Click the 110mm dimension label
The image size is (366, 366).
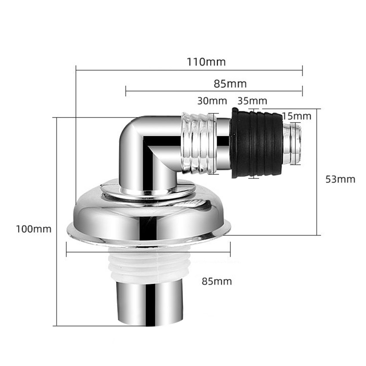pyautogui.click(x=206, y=62)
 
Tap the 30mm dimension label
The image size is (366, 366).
pyautogui.click(x=212, y=101)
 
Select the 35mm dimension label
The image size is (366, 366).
pyautogui.click(x=252, y=101)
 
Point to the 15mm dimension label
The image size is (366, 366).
pyautogui.click(x=297, y=116)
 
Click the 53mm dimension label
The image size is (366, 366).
pyautogui.click(x=340, y=179)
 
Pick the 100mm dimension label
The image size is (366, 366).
pyautogui.click(x=34, y=229)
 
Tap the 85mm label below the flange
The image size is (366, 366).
pyautogui.click(x=217, y=281)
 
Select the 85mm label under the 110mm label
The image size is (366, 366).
pyautogui.click(x=230, y=84)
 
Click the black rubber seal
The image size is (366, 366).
pyautogui.click(x=256, y=143)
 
